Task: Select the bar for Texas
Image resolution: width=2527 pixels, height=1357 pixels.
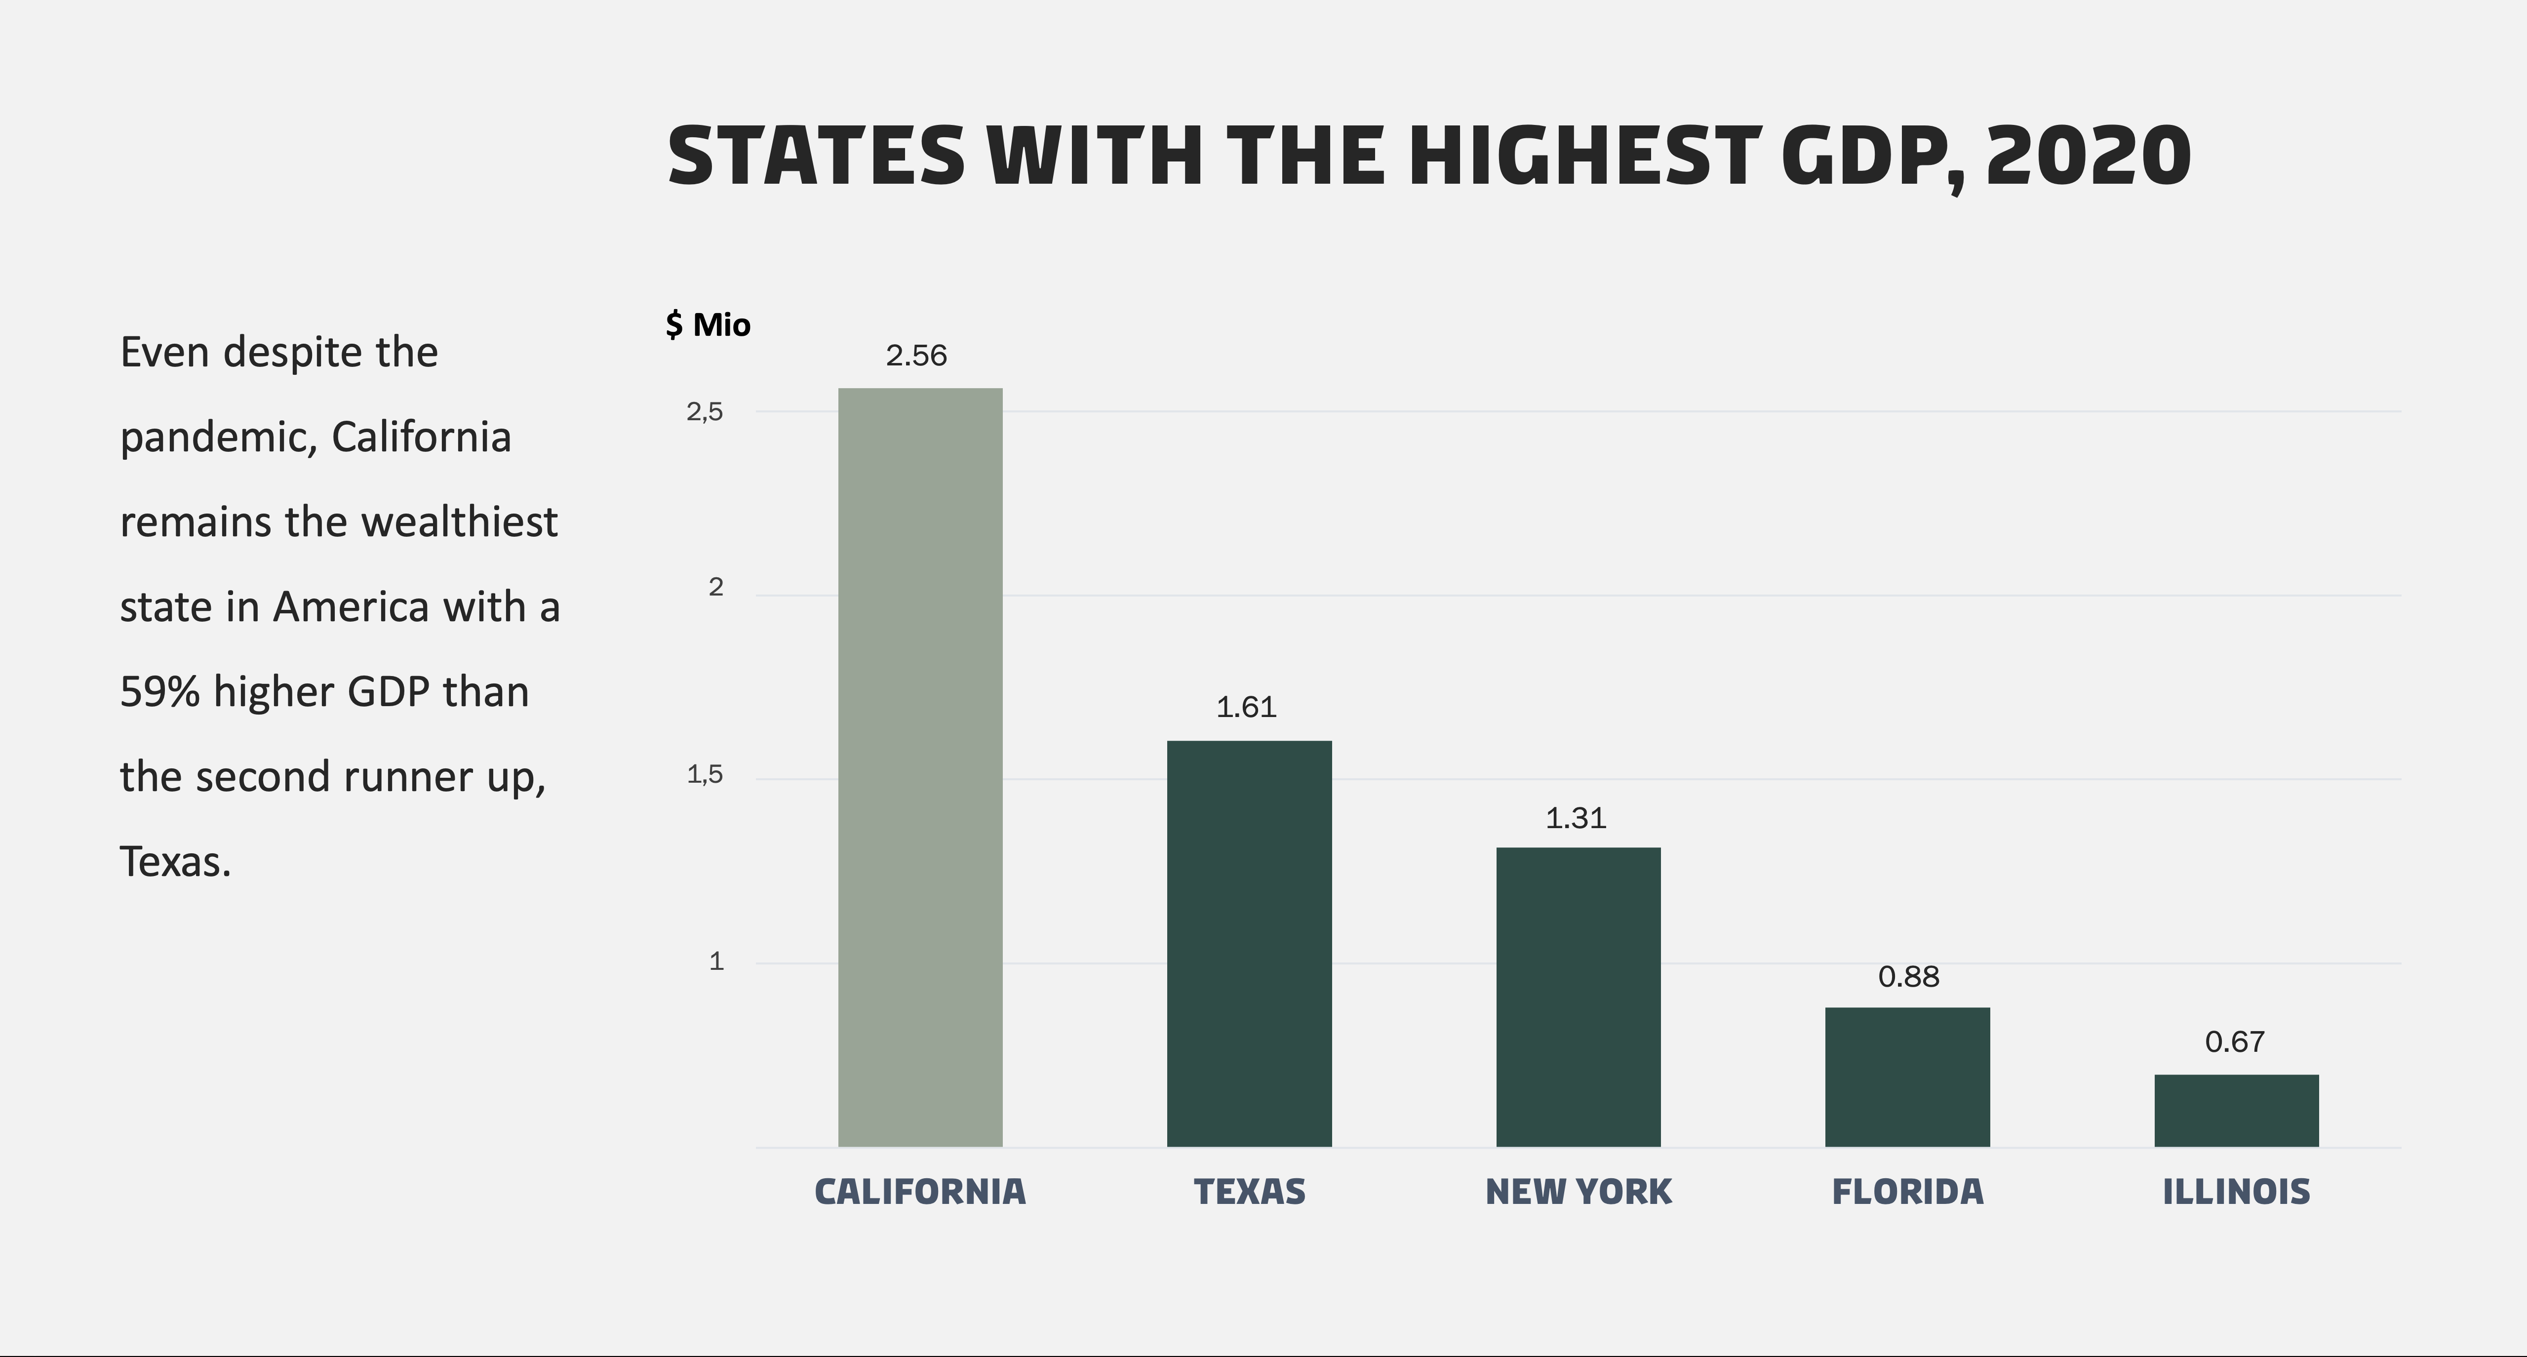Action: [1249, 943]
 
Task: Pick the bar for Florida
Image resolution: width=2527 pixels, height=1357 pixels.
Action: [1907, 1077]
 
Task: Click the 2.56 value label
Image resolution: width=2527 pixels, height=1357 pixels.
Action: [916, 355]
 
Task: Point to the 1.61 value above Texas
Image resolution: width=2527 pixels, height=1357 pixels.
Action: [1246, 707]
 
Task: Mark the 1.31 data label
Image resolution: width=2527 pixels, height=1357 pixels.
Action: [1576, 817]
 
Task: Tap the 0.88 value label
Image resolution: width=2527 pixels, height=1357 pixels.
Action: [1908, 976]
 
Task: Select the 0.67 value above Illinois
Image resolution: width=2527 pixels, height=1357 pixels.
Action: [2235, 1041]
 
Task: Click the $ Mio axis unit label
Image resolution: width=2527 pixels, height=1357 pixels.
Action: [707, 324]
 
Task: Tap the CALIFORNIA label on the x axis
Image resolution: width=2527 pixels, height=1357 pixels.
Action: [920, 1191]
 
